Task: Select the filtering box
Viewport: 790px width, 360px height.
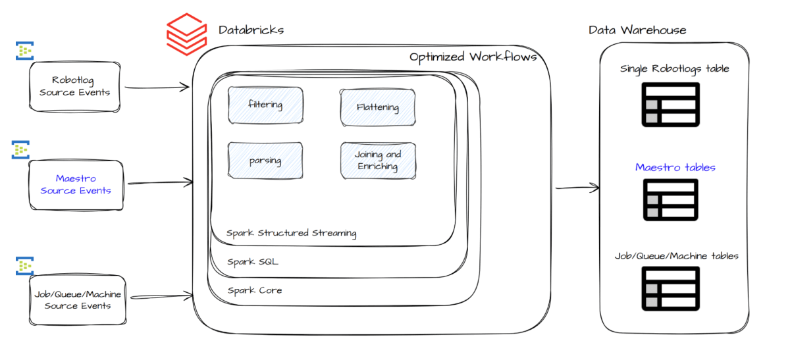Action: (265, 105)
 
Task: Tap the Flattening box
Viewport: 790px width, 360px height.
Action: (378, 107)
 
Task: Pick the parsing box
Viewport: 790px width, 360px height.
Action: (265, 160)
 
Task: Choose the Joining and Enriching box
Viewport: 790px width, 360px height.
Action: (378, 161)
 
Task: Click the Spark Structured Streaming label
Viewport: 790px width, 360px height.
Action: (291, 233)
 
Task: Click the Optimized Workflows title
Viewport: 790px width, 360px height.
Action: (473, 57)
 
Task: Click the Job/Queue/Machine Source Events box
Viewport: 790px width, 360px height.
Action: (78, 300)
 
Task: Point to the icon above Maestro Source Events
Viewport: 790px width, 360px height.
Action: (22, 150)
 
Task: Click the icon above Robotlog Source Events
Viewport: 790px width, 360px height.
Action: (24, 51)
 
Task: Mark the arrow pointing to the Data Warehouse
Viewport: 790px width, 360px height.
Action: (577, 189)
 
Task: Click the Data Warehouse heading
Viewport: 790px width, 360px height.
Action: (637, 30)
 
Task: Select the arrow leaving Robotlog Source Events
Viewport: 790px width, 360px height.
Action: (156, 87)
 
